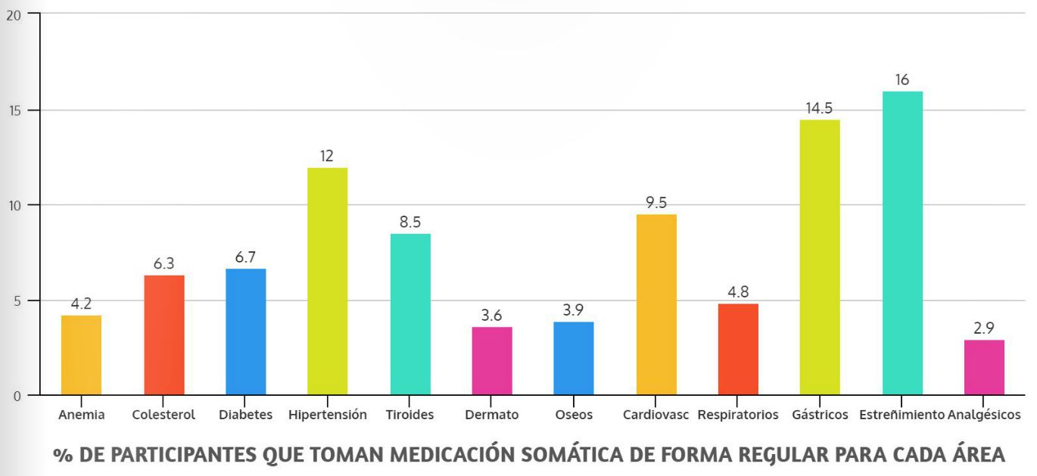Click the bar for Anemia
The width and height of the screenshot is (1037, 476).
pos(81,355)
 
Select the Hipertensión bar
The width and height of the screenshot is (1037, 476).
pos(328,281)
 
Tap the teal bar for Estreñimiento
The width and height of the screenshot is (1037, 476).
pos(902,243)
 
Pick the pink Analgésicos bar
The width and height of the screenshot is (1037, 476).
pos(984,367)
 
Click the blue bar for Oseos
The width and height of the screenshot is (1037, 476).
pos(574,358)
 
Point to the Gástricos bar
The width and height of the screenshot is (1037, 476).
pos(820,257)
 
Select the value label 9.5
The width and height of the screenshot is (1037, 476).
pos(656,203)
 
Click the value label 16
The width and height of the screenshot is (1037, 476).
pos(902,79)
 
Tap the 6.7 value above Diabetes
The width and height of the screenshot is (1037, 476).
pos(245,257)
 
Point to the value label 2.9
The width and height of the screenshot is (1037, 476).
pos(984,328)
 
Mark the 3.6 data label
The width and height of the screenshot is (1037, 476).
pos(492,316)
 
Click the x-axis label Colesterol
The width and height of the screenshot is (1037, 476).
pos(163,415)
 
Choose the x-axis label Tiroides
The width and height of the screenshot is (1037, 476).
pos(410,415)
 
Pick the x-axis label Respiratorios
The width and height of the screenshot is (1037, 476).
pos(738,415)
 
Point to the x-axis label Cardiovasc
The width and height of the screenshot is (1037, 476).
pos(656,415)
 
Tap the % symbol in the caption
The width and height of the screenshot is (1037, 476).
pos(61,456)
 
